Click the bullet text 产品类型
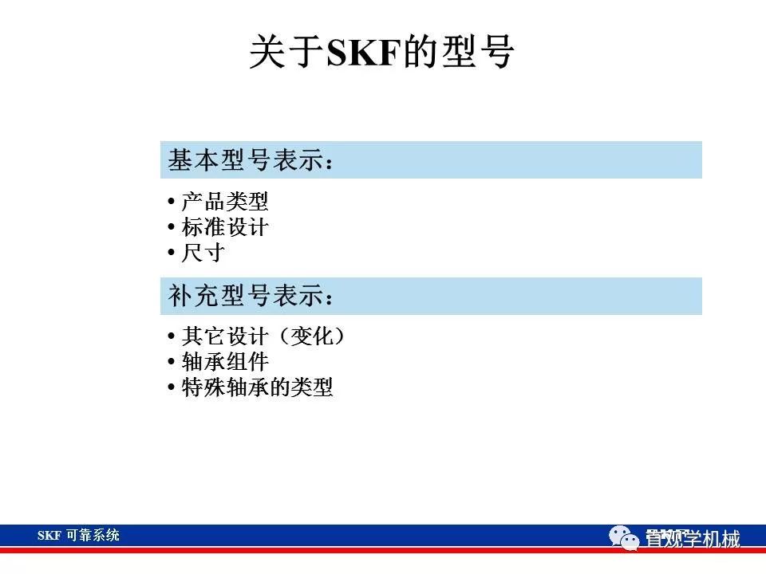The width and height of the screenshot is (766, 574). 225,202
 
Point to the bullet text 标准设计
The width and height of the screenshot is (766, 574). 225,227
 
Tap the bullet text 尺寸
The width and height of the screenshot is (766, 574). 203,254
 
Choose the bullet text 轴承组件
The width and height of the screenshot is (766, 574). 225,362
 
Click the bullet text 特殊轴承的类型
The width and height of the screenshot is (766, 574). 257,388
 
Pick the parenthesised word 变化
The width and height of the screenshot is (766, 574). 310,336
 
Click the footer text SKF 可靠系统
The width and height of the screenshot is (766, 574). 78,536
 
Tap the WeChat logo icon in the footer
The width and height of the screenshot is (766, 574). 625,538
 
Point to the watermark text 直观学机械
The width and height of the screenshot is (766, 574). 693,539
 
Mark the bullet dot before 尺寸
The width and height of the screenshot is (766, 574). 172,254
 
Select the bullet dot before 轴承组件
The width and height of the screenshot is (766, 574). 172,363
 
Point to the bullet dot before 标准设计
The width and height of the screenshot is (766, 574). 172,228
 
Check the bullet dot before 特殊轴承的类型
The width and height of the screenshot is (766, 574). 172,389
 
